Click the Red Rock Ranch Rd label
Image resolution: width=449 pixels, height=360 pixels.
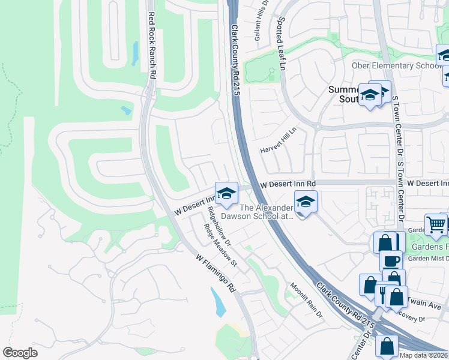coord(152,45)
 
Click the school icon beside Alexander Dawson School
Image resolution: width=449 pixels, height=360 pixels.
coord(306,203)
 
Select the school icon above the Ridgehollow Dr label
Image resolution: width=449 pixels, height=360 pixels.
coord(226,193)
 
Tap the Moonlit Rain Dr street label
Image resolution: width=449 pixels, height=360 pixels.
coord(307,300)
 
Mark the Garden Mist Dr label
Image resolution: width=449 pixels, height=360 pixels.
coord(427,259)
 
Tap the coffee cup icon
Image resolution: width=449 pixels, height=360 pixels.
coord(391,260)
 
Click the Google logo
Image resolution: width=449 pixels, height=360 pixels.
coord(20,353)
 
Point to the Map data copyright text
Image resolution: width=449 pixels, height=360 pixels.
coord(424,355)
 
